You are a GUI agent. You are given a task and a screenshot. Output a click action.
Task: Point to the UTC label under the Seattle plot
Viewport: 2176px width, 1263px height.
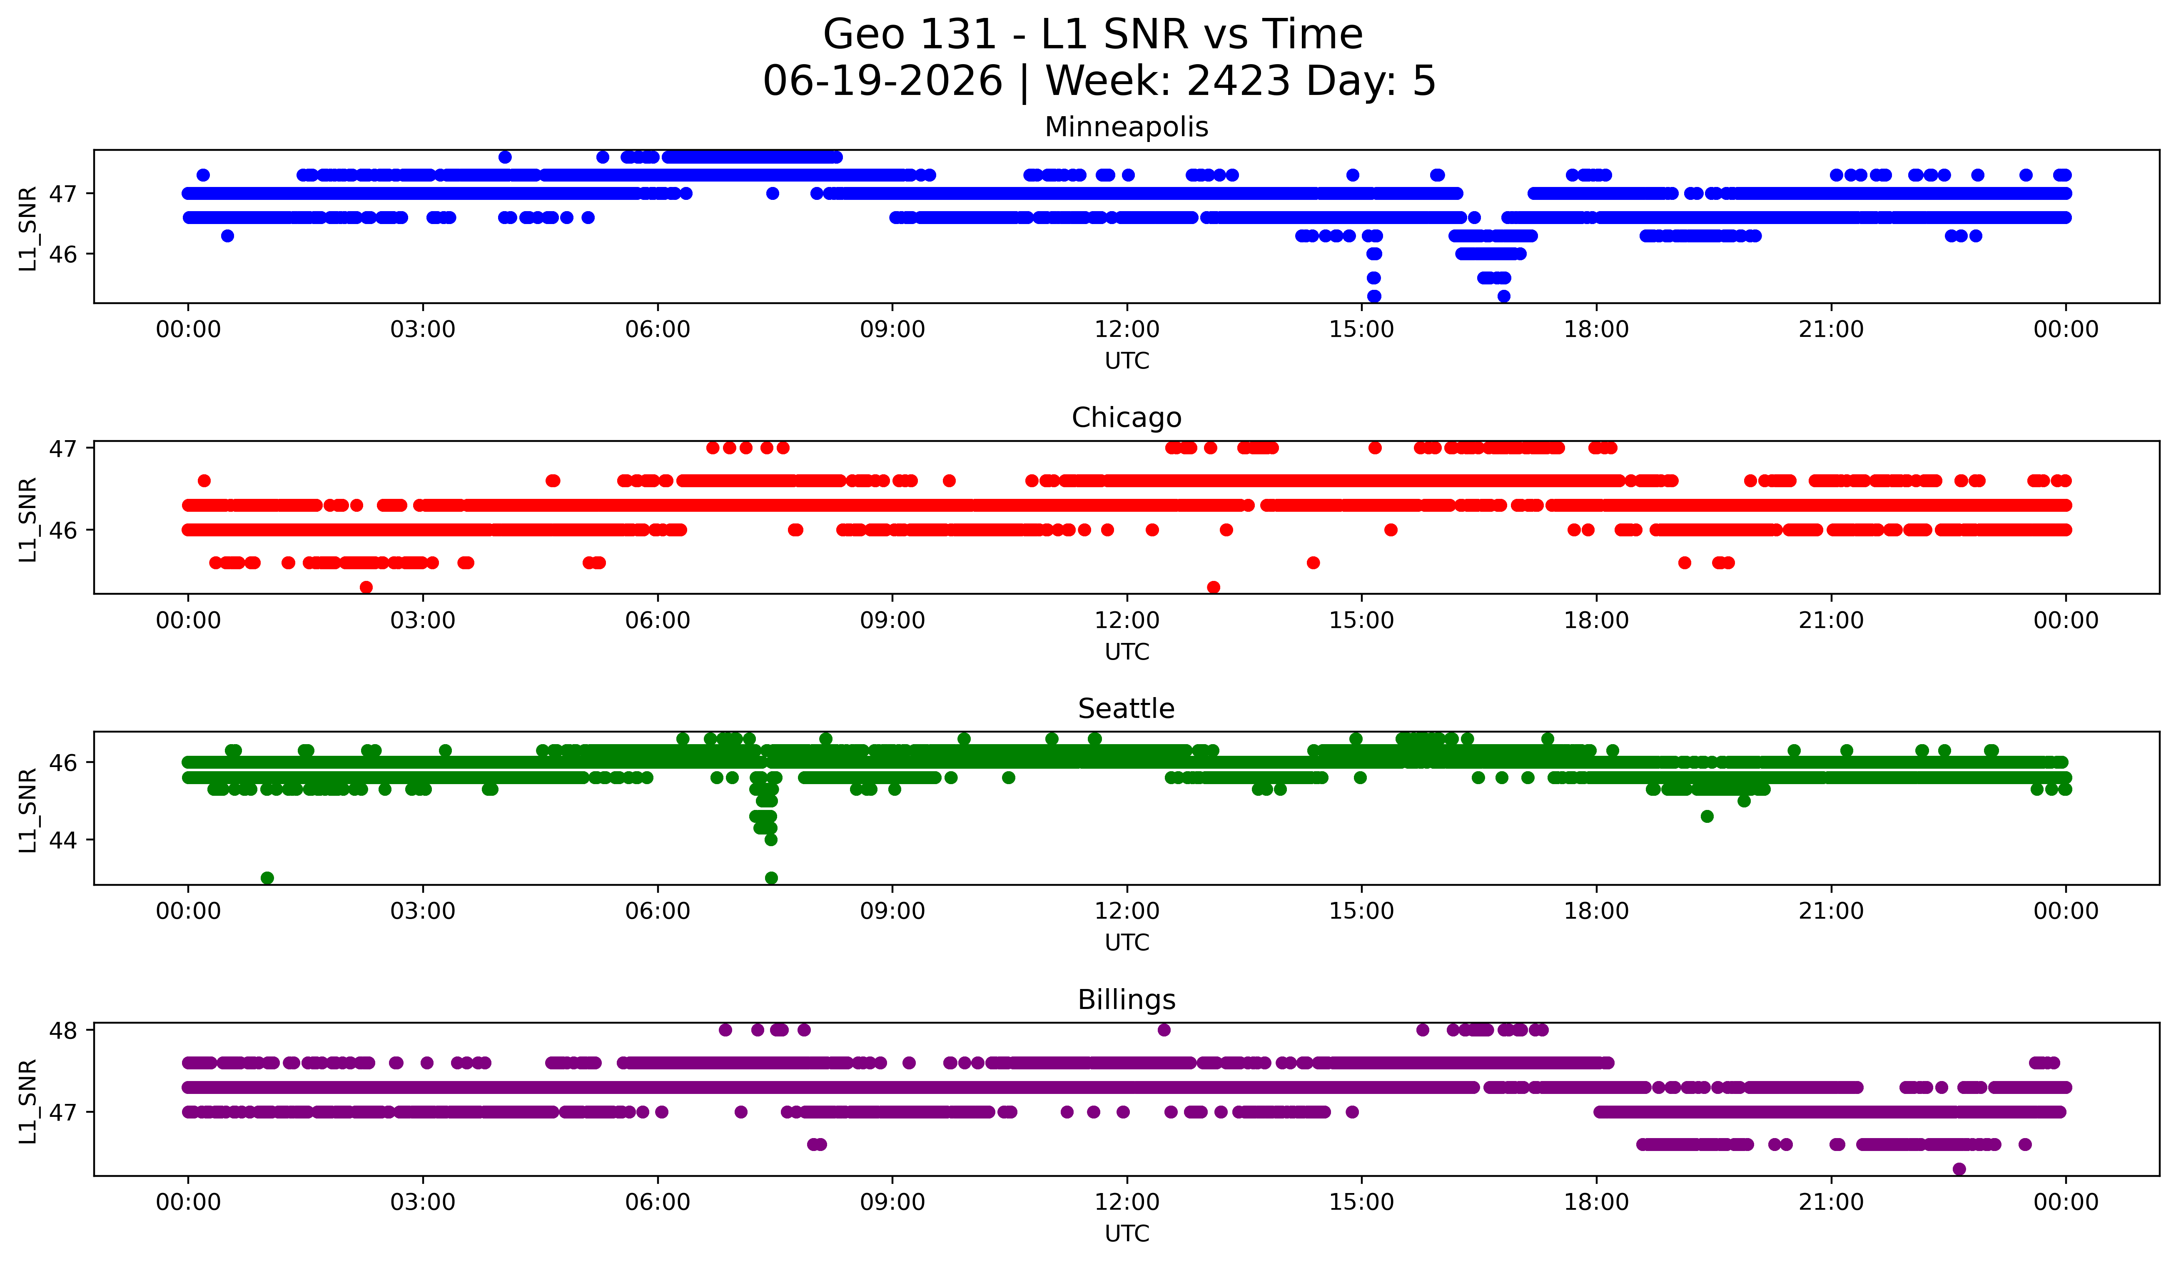1127,943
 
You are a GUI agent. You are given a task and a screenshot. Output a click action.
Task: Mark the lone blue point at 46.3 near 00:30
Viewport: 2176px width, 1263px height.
227,236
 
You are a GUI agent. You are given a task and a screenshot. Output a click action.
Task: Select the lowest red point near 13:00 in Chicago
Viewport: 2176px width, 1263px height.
1213,587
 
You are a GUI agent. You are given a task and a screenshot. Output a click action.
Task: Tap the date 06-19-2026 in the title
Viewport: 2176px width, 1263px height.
882,81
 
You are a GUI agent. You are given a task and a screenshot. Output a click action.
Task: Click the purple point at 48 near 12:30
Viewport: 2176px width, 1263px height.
1164,1030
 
